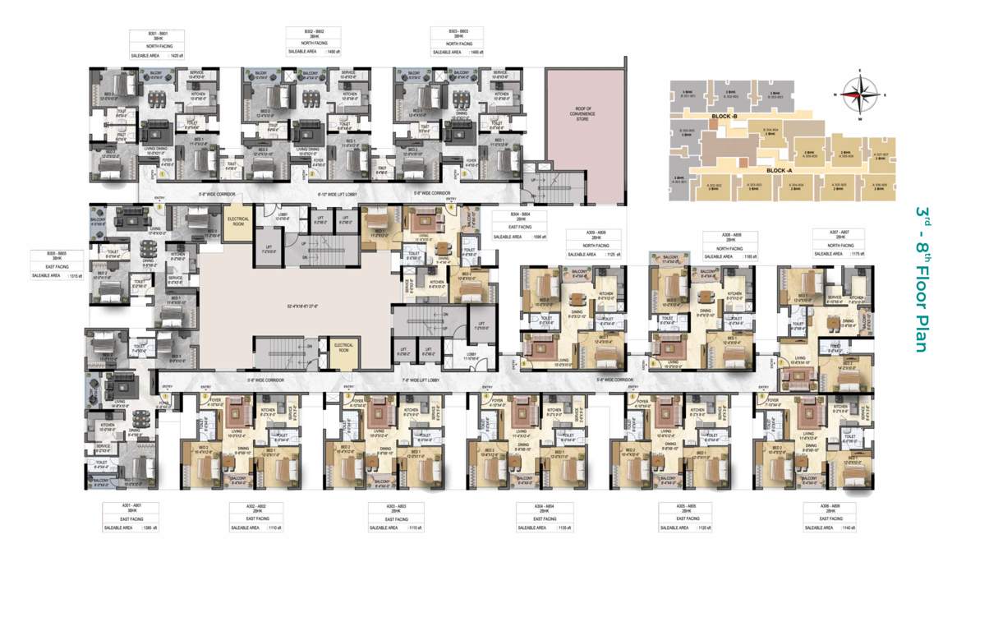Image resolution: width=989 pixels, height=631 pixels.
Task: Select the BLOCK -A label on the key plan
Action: [x=777, y=169]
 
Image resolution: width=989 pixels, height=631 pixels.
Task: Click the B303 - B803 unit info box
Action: [x=463, y=43]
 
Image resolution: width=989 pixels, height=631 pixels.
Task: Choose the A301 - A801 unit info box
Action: [x=127, y=518]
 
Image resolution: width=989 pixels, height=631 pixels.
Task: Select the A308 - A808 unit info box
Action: [x=726, y=246]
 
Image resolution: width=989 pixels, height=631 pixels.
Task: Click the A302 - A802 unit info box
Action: [x=256, y=518]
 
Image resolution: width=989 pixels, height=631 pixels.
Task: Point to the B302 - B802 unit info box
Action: [x=311, y=43]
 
